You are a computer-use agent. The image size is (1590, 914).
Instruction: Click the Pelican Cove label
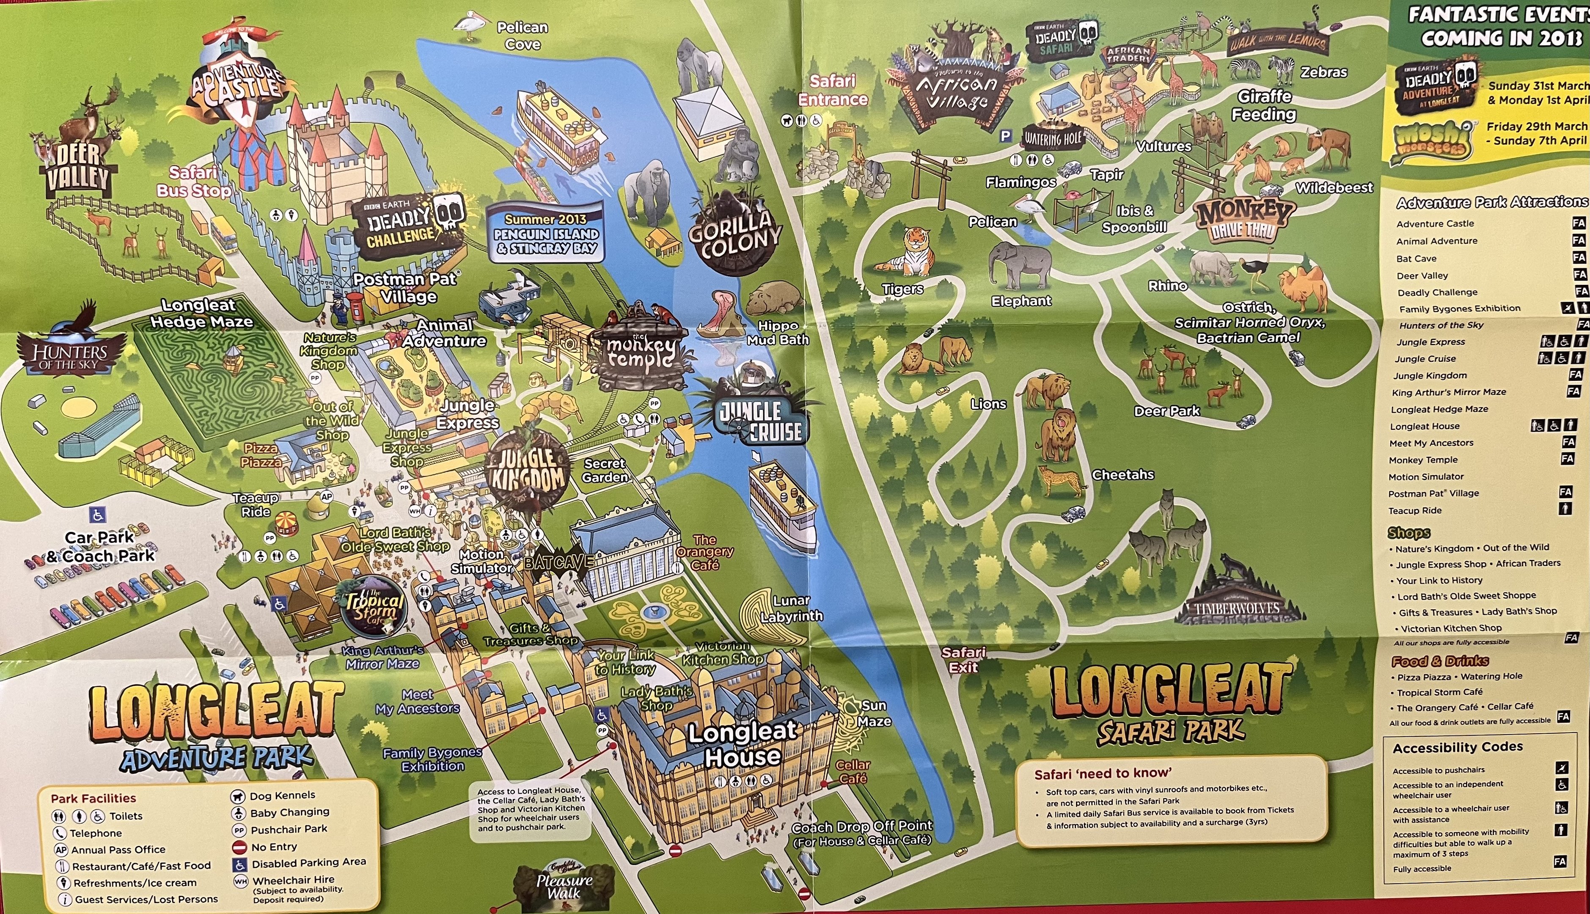pos(522,36)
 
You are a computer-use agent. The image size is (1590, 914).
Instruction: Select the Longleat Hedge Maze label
pos(201,313)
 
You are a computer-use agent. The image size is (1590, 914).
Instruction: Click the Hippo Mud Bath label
pos(777,333)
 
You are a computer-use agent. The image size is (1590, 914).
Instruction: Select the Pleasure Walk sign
pos(564,885)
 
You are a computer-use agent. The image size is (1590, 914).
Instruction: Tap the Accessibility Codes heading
pos(1457,747)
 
